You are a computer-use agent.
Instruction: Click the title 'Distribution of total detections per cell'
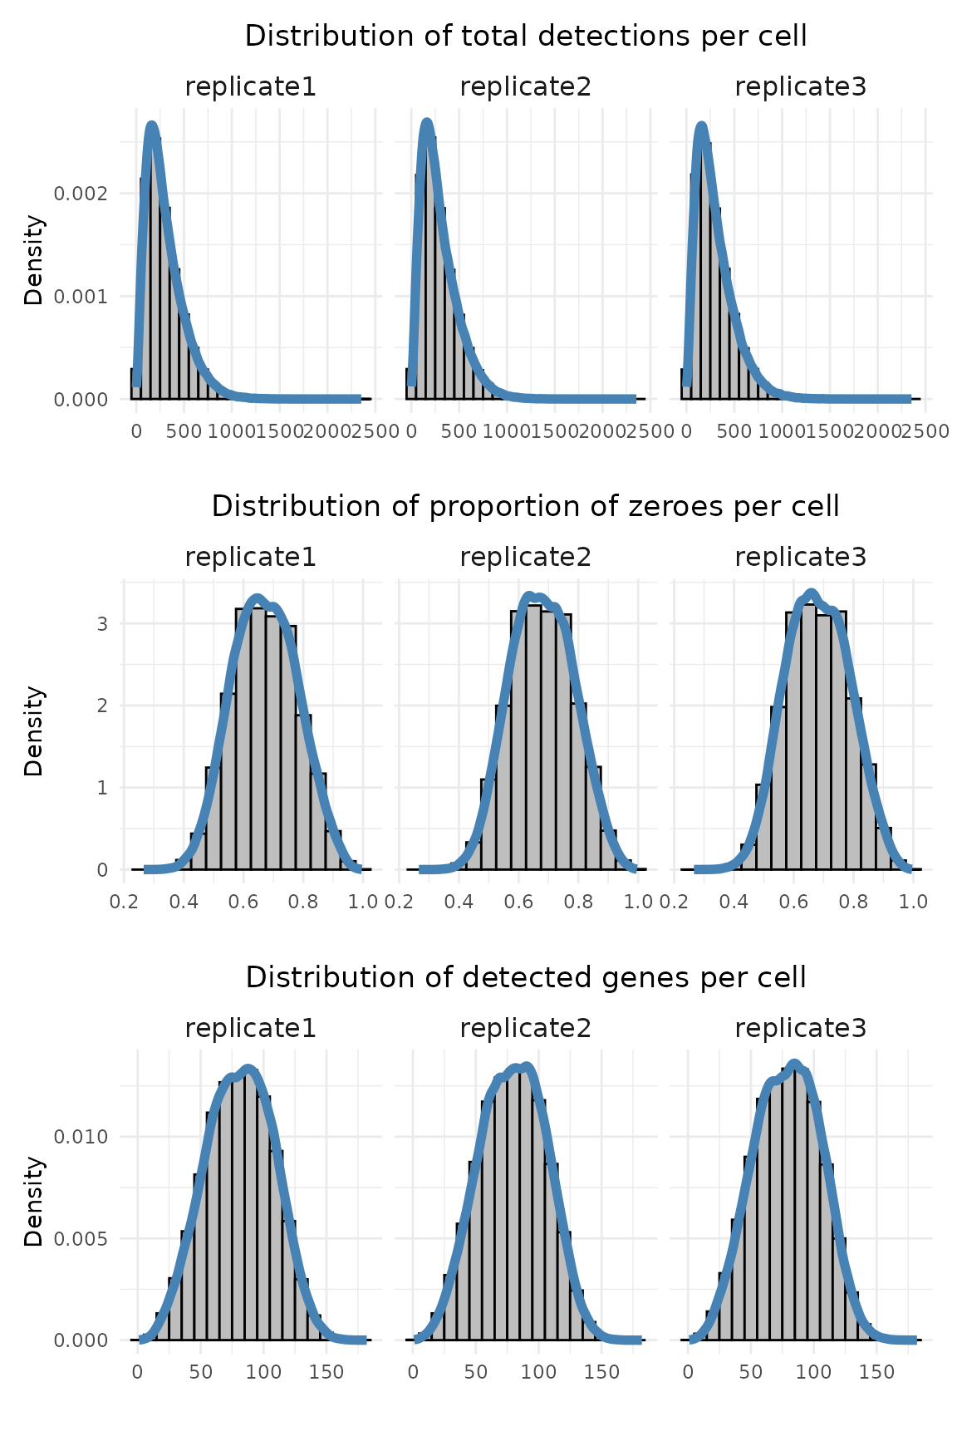coord(526,36)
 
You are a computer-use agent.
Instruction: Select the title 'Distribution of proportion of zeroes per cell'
coord(526,506)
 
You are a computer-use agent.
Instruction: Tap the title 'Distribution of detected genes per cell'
coord(526,977)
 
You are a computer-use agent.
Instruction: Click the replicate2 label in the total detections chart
coord(525,86)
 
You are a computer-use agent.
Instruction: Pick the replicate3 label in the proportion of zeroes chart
coord(800,557)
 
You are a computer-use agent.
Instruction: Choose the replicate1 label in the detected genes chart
coord(250,1029)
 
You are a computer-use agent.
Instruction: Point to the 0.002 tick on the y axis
coord(81,194)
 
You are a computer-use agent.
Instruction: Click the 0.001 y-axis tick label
coord(81,297)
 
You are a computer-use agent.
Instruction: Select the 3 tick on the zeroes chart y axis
coord(103,623)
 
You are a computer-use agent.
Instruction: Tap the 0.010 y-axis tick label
coord(81,1136)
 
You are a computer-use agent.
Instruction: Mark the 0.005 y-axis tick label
coord(81,1239)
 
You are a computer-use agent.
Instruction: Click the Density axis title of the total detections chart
coord(33,260)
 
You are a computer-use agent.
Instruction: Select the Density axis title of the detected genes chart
coord(33,1202)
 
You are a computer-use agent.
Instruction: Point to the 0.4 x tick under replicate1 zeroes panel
coord(184,902)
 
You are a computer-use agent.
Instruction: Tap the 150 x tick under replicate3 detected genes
coord(876,1372)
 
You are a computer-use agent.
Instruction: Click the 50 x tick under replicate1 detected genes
coord(201,1372)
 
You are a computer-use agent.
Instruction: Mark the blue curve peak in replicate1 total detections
coord(151,125)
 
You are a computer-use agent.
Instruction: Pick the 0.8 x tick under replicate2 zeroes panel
coord(580,902)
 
